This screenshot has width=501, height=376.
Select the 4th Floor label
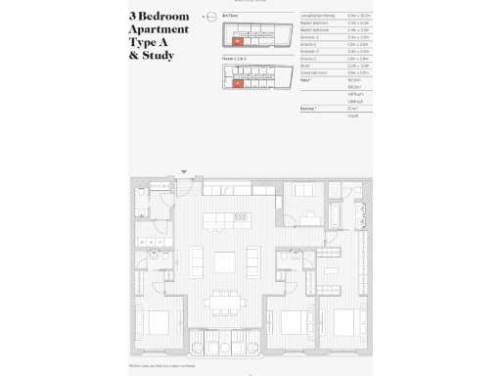pos(232,17)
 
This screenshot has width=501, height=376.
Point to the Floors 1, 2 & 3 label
pos(235,59)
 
